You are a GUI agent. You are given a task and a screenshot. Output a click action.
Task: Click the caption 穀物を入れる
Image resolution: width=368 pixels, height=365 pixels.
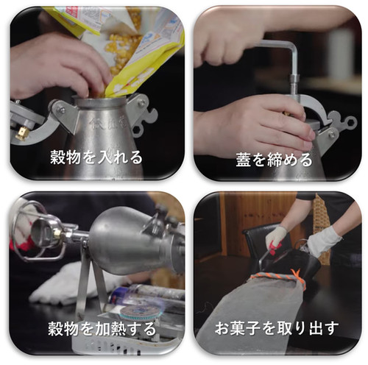(96, 157)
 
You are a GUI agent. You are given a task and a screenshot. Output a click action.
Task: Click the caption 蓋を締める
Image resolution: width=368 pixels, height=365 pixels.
(274, 160)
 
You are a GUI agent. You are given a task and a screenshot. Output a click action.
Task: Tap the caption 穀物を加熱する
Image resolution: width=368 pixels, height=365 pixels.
(102, 329)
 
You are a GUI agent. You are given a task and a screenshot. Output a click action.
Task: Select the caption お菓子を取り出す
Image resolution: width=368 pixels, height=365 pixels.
(277, 328)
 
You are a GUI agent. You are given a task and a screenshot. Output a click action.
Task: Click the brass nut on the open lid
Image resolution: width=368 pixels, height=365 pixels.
(21, 133)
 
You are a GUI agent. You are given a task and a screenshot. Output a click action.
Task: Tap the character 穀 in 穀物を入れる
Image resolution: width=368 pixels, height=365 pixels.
(57, 157)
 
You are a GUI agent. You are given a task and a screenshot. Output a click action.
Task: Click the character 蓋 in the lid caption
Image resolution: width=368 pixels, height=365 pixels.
(244, 160)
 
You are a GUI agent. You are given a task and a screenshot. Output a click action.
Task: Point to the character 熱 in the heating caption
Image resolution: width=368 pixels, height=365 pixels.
(118, 329)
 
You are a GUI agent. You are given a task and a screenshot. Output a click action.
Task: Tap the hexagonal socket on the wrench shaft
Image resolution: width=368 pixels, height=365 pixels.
(294, 83)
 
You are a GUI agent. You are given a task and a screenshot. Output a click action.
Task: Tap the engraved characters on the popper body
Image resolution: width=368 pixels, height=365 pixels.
(108, 123)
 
